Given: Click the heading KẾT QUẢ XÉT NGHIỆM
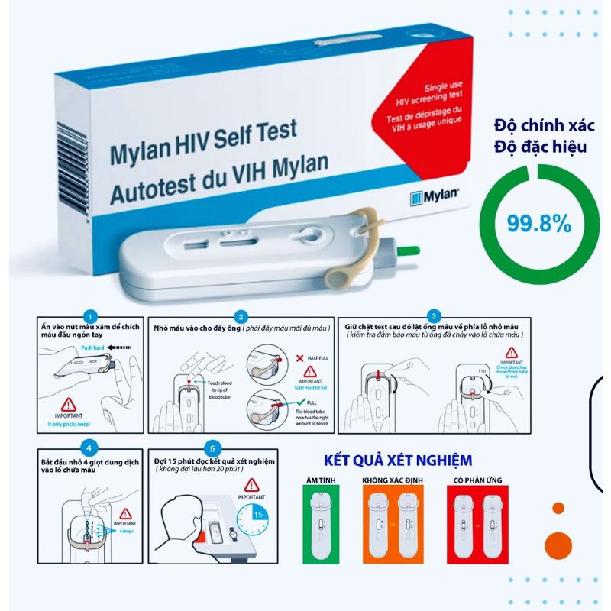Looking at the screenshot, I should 398,461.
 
